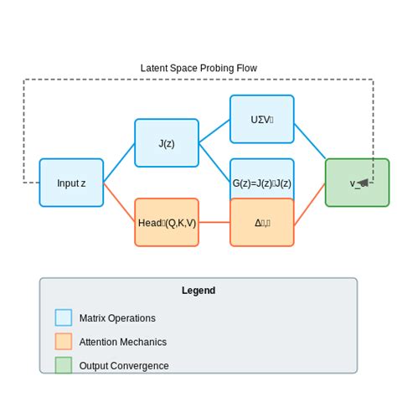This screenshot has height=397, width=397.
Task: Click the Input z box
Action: tap(71, 183)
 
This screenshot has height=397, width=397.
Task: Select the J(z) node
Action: tap(167, 142)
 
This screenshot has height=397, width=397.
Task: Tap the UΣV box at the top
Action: tap(262, 119)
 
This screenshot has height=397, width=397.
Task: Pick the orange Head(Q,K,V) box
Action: tap(167, 222)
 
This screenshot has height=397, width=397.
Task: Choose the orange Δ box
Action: tap(262, 222)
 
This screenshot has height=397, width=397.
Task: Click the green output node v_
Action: tap(358, 183)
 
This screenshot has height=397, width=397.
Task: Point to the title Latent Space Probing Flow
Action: tap(198, 68)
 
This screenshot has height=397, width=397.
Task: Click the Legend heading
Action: tap(198, 291)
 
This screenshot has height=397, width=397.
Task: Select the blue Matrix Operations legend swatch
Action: tap(64, 317)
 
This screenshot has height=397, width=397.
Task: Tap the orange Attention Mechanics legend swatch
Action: tap(64, 342)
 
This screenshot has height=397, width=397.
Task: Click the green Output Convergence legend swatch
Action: tap(64, 365)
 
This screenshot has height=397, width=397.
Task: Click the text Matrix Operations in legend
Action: tap(117, 318)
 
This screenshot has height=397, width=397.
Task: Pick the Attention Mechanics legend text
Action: tap(123, 342)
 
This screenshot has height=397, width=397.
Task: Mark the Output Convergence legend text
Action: tap(124, 366)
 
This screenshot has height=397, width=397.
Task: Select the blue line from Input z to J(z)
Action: tap(119, 162)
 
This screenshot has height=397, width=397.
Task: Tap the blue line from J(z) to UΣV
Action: tap(214, 131)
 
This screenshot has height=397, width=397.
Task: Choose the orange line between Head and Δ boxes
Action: tap(214, 222)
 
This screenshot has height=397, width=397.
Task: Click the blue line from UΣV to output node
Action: tap(310, 139)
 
